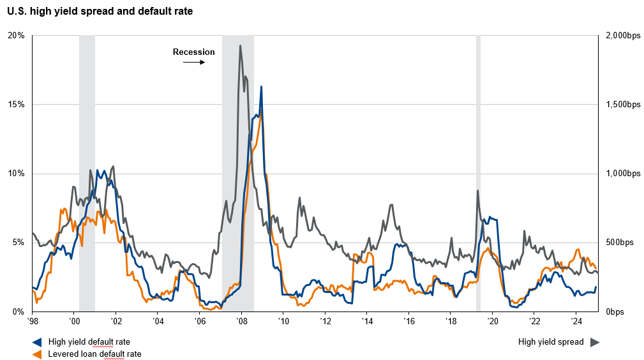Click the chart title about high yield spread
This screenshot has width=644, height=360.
point(100,11)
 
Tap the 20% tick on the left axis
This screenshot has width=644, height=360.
point(15,36)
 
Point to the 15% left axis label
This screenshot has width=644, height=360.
point(15,105)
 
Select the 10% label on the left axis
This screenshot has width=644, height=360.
point(15,174)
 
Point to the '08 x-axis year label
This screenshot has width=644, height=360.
point(241,321)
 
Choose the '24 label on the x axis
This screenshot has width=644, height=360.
point(576,321)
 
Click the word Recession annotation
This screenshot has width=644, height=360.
point(194,52)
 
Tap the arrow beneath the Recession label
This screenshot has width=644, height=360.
point(194,63)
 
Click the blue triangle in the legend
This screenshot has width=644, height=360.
point(37,342)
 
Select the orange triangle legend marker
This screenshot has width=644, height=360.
point(37,354)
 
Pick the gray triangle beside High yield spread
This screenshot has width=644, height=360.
point(595,342)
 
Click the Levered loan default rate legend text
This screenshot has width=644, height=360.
point(95,354)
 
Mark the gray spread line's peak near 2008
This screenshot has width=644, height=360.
point(240,45)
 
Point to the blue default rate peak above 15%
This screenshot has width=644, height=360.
point(261,86)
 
